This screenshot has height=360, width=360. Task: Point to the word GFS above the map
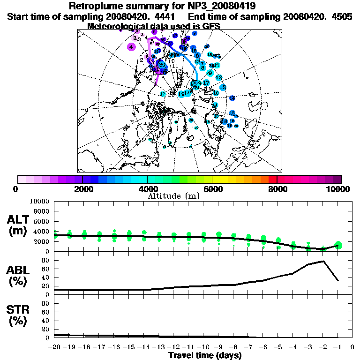pos(211,26)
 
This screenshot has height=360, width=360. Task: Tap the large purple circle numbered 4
pos(132,47)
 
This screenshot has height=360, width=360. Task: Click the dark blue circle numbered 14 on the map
pos(232,98)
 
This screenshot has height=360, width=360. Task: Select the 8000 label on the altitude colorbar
pos(277,189)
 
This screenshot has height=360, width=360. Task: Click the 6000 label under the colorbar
pos(212,189)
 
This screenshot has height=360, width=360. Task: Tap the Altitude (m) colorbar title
pos(173,196)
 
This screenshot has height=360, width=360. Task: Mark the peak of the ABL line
pos(323,261)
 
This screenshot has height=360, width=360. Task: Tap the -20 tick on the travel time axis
pos(54,347)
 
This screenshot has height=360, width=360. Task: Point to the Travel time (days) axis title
pos(205,355)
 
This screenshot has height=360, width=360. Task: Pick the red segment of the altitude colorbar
pos(272,179)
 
